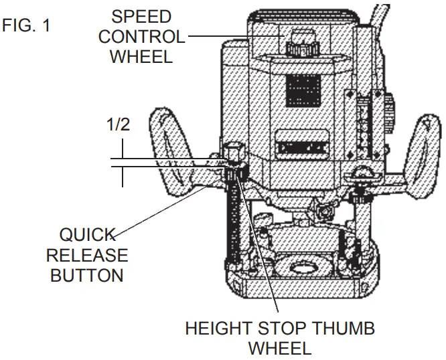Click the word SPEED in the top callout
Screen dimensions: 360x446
pyautogui.click(x=141, y=16)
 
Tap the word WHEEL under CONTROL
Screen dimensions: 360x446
pyautogui.click(x=141, y=56)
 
